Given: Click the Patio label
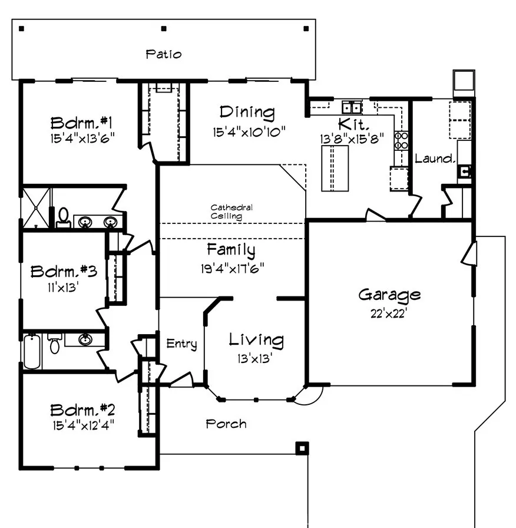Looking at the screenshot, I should (164, 54).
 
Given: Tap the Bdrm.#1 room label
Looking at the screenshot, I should (81, 123).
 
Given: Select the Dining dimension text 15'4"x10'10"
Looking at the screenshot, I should (249, 131).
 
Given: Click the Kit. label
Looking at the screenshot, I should (353, 125).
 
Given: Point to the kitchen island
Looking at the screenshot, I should (335, 168).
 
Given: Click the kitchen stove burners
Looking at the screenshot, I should (401, 140).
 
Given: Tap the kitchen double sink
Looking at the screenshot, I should (352, 107).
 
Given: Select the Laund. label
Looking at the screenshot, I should (435, 159).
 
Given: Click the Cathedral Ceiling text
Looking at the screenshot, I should (231, 212).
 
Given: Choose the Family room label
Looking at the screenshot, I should (231, 250).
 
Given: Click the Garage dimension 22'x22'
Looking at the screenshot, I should (389, 313).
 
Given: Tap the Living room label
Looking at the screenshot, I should (256, 340).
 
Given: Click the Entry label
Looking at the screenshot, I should (181, 344).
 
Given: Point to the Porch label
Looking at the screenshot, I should (226, 424).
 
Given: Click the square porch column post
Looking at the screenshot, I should (302, 448).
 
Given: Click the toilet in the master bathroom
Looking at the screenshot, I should (63, 217).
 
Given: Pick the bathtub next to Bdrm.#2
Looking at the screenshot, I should (32, 351).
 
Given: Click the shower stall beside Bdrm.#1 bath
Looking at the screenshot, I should (36, 207).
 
